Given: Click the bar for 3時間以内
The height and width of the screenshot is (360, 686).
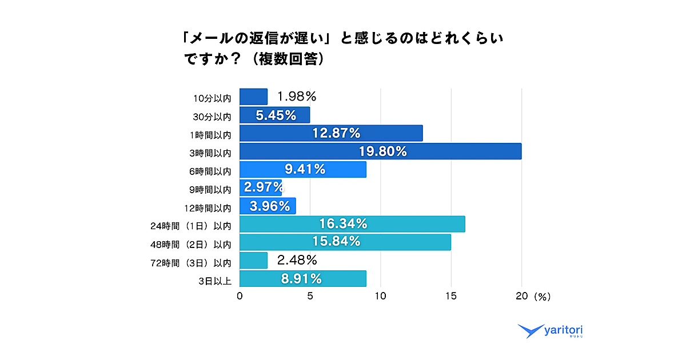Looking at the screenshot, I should [x=380, y=151].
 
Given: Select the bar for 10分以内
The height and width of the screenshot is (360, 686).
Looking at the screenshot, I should [x=253, y=97].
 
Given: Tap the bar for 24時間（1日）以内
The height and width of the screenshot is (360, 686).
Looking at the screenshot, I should [x=352, y=224].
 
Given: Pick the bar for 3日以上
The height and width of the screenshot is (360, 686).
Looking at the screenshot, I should [x=302, y=278].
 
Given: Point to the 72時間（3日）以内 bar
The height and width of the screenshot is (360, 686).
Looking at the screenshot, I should [x=253, y=261].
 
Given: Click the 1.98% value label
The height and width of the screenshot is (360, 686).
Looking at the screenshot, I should [x=297, y=96].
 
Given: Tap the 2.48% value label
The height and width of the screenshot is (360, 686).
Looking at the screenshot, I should [x=297, y=261].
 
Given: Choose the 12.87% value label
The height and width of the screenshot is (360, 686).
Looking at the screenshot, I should [x=337, y=133].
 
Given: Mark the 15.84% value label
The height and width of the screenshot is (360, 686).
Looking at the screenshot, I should [x=337, y=242].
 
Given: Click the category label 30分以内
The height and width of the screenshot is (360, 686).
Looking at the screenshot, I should [x=212, y=116].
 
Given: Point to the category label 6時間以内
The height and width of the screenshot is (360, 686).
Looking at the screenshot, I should [x=209, y=170].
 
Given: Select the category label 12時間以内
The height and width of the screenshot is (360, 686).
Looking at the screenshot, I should [x=208, y=207].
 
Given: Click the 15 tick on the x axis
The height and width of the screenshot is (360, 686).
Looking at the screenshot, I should [x=451, y=297].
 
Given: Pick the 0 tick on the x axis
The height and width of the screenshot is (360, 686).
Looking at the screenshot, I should [x=240, y=297].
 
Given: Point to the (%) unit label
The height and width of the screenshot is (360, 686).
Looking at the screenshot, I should [x=541, y=297].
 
